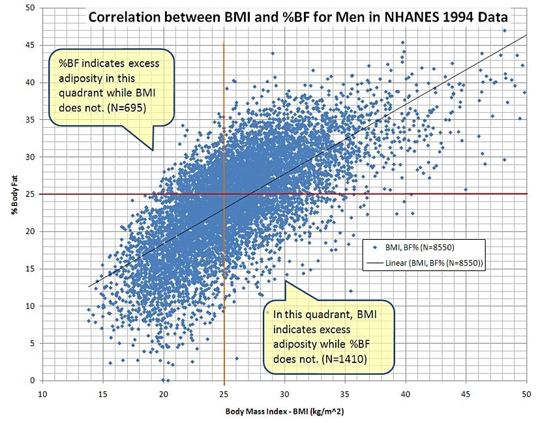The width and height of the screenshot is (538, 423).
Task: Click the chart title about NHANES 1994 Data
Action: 297,17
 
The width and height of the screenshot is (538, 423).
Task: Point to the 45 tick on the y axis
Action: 30,45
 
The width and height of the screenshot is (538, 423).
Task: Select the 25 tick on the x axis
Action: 224,394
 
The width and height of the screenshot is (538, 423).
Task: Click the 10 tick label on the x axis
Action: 42,394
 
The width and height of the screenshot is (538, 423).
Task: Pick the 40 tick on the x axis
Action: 406,394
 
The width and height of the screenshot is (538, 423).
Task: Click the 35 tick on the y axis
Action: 30,119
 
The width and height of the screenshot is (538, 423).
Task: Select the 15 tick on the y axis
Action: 30,269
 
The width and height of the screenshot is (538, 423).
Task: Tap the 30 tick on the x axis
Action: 284,394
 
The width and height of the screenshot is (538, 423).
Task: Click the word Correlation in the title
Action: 125,17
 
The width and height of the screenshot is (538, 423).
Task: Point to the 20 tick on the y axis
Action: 30,231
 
